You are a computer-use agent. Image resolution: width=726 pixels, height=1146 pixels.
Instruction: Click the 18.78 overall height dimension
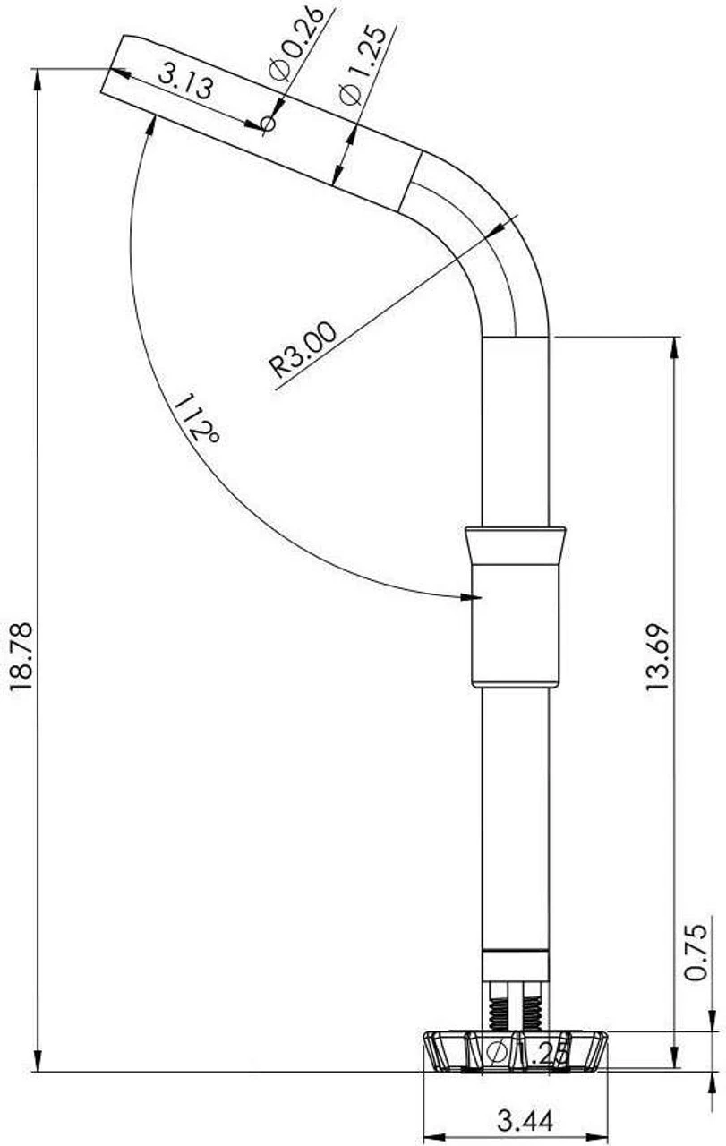tap(20, 656)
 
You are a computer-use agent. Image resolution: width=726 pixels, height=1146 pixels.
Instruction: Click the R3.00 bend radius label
tap(304, 350)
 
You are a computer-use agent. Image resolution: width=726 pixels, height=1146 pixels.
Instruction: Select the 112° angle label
tap(196, 420)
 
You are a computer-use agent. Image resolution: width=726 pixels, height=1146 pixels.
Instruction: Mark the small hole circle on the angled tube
tap(267, 124)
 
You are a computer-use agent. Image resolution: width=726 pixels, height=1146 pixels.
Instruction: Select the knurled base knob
tap(515, 1051)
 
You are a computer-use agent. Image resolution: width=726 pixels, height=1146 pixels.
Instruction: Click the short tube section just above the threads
tap(515, 965)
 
